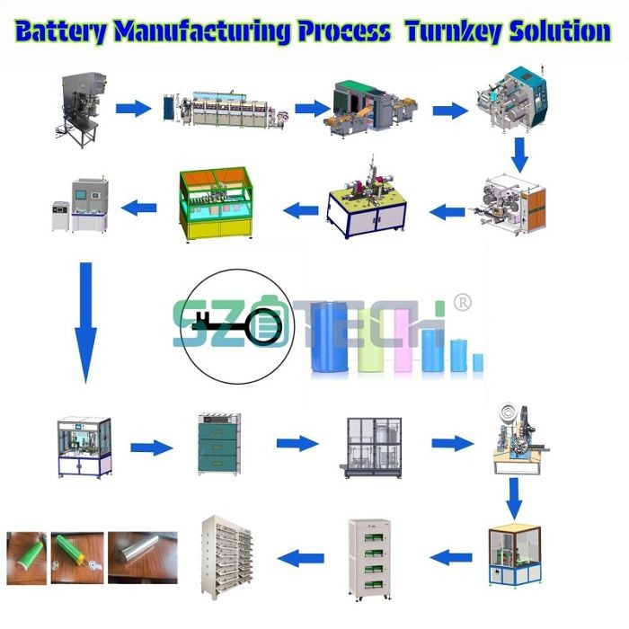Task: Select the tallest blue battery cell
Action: pos(328,338)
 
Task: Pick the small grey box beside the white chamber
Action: pos(60,216)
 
